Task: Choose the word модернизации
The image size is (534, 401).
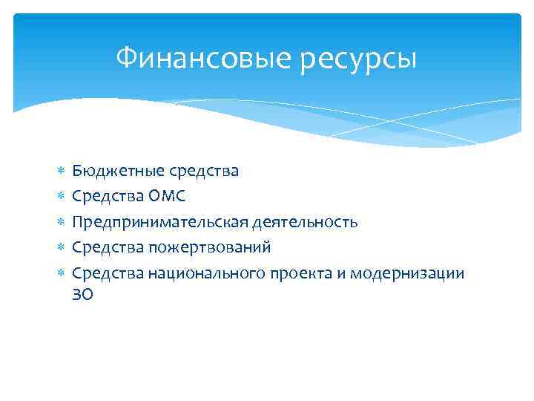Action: (405, 273)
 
